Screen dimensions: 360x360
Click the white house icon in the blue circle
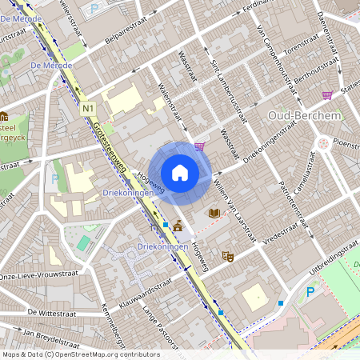[x=180, y=172]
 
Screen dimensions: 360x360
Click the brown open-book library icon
[x=214, y=213]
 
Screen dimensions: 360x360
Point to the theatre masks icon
[x=227, y=257]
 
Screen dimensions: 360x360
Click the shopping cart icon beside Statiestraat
[x=327, y=95]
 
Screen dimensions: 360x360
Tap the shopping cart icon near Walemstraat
[x=198, y=146]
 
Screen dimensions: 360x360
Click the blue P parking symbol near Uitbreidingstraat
[x=310, y=293]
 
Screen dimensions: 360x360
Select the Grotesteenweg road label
[x=110, y=149]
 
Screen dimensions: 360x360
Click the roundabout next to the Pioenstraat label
[x=323, y=145]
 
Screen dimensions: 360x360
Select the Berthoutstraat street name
[x=295, y=80]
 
